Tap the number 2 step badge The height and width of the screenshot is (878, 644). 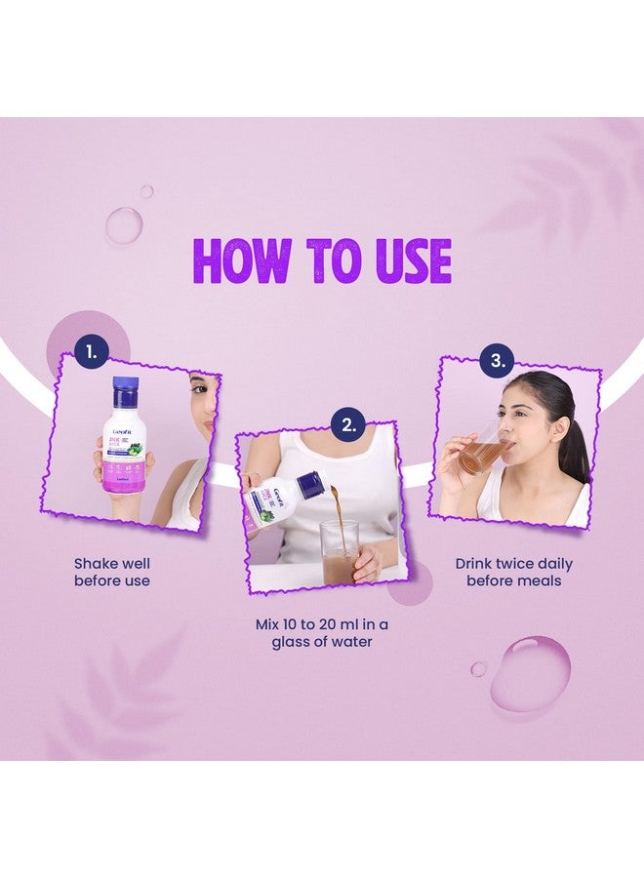347,423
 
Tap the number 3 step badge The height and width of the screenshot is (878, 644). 499,360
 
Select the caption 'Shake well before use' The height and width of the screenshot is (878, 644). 112,572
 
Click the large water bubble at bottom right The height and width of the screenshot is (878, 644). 530,672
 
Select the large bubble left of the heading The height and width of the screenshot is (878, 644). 124,225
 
